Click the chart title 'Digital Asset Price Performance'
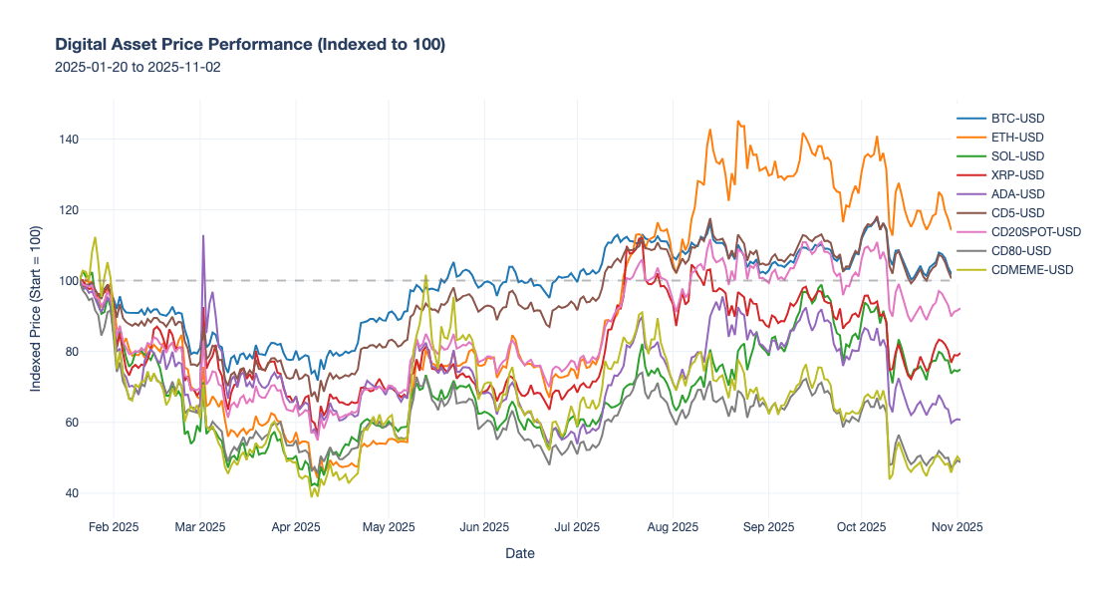point(249,45)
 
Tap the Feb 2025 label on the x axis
point(113,527)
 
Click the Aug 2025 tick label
point(673,527)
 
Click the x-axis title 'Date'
point(519,553)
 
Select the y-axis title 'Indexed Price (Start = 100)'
point(36,309)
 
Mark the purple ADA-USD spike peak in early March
point(203,236)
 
